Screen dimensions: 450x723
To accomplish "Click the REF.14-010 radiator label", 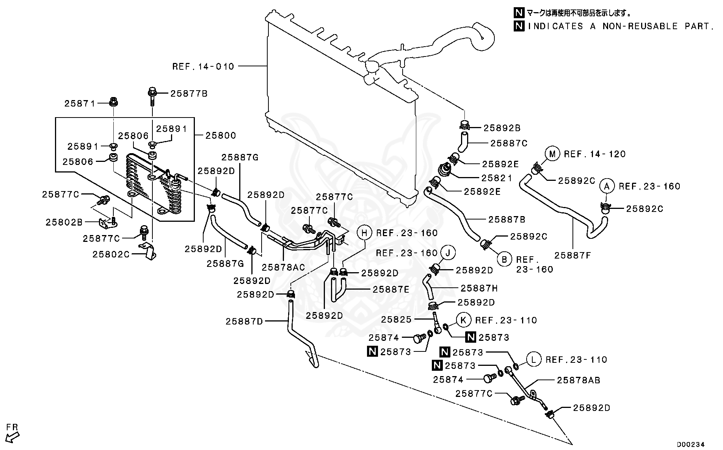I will tap(203, 67).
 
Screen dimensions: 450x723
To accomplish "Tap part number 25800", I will tap(221, 136).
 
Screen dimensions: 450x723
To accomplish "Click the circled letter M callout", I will tap(552, 154).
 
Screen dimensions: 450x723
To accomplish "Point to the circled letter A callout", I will tap(607, 186).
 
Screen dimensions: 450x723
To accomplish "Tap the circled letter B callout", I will tap(505, 260).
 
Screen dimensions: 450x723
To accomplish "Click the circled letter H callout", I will tap(364, 233).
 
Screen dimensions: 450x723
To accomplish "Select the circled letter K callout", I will tap(463, 320).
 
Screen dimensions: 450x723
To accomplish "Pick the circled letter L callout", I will tap(533, 359).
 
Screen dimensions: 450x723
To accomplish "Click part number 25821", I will tap(497, 178).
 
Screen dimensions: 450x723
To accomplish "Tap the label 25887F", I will tap(572, 256).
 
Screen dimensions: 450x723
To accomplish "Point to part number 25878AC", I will tap(283, 267).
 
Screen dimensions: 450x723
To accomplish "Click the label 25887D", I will tap(244, 321).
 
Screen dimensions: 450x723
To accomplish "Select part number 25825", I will tap(396, 320).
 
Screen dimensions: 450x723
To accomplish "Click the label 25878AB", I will tap(578, 380).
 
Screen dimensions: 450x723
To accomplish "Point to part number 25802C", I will tap(111, 254).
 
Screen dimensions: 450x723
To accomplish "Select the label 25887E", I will tap(391, 290).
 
